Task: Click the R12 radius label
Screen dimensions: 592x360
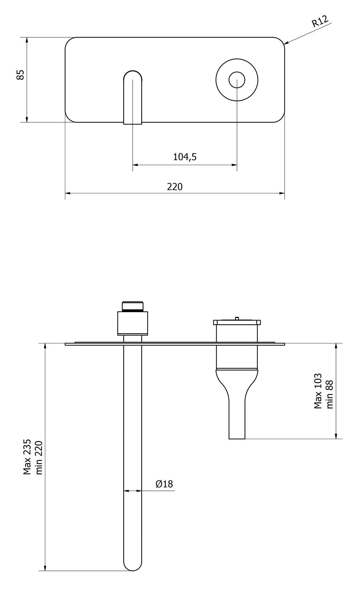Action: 320,22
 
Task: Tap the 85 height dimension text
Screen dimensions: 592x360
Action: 20,75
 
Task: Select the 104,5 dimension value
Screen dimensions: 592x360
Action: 185,157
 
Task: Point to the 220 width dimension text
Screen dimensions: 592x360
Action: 175,187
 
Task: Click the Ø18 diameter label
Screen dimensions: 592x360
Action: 164,484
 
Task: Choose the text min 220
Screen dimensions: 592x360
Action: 39,457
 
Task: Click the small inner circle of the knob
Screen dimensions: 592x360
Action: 237,80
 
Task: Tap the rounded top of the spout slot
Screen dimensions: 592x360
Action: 133,74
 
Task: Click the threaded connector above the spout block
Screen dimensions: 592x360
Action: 133,306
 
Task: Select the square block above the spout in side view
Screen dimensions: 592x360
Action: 133,323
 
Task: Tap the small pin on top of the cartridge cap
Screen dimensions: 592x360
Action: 237,318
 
